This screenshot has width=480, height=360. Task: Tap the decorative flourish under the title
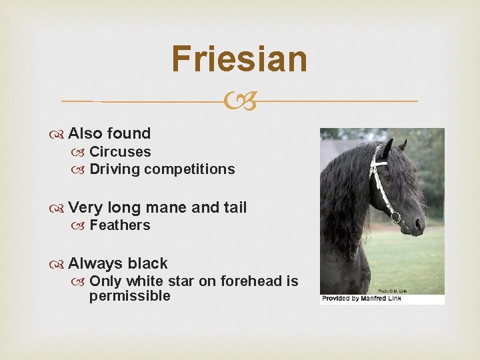coord(239,102)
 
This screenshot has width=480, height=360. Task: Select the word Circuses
coord(120,152)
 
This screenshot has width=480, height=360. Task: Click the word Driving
coord(115,169)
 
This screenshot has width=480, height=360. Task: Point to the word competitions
coord(189,169)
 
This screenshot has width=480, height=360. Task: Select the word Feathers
coord(120,225)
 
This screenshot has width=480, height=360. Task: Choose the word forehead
coord(250,281)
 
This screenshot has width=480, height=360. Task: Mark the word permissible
coord(130,296)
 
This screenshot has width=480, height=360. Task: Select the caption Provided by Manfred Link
coord(361,299)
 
